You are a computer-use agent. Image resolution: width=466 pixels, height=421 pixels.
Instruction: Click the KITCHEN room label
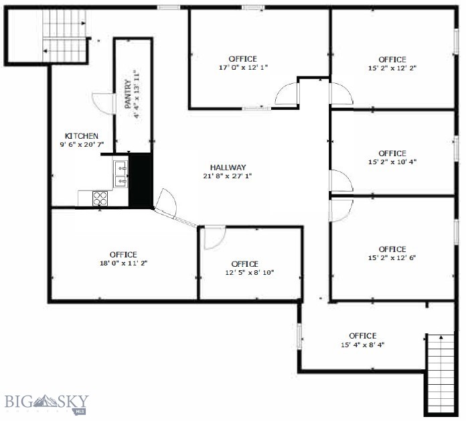(x=82, y=135)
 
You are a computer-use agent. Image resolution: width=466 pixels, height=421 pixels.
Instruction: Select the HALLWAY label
(x=228, y=168)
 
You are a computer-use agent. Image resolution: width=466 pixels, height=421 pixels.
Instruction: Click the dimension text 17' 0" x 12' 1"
(x=242, y=68)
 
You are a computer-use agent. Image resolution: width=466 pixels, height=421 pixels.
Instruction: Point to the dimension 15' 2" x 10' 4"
(x=392, y=162)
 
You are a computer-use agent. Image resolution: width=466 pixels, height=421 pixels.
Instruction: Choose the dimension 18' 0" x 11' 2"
(x=123, y=263)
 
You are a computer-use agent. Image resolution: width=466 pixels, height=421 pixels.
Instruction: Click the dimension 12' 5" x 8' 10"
(x=250, y=273)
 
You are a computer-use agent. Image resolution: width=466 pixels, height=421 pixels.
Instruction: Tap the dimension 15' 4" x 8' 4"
(x=362, y=345)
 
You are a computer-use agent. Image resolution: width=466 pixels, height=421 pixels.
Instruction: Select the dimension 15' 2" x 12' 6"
(x=392, y=258)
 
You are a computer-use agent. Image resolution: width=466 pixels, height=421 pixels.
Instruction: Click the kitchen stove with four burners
(x=100, y=198)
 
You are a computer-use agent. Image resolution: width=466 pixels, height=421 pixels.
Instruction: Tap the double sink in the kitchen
(x=121, y=173)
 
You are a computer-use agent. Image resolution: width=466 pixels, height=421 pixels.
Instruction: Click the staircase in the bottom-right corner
(x=441, y=372)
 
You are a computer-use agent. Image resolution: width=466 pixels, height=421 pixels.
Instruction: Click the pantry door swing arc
(x=102, y=102)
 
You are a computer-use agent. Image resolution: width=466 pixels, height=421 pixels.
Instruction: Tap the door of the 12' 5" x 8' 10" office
(x=215, y=238)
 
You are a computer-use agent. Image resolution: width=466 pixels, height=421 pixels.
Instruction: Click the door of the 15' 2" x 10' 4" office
(x=341, y=181)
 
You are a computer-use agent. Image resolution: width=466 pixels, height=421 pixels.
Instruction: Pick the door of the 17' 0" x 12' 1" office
(x=286, y=94)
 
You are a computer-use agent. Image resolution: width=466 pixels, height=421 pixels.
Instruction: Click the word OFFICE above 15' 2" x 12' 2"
(x=392, y=59)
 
